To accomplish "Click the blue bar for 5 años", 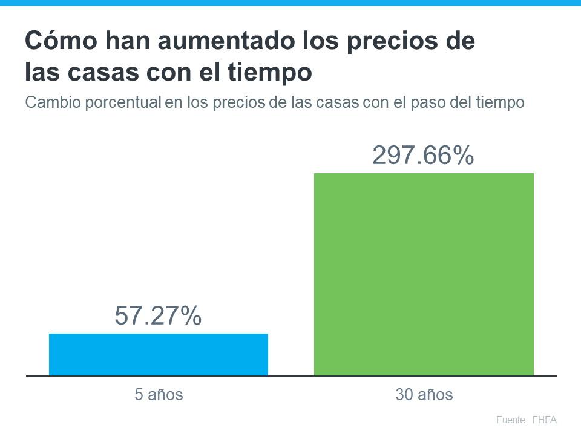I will click(159, 354).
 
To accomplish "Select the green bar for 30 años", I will click(424, 274).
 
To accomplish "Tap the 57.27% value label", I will click(158, 315).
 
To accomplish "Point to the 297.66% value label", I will click(423, 156).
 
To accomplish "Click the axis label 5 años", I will click(159, 395).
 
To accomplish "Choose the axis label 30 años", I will click(424, 395).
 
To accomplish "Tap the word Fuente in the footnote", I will click(511, 420).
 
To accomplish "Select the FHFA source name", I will click(544, 420).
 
